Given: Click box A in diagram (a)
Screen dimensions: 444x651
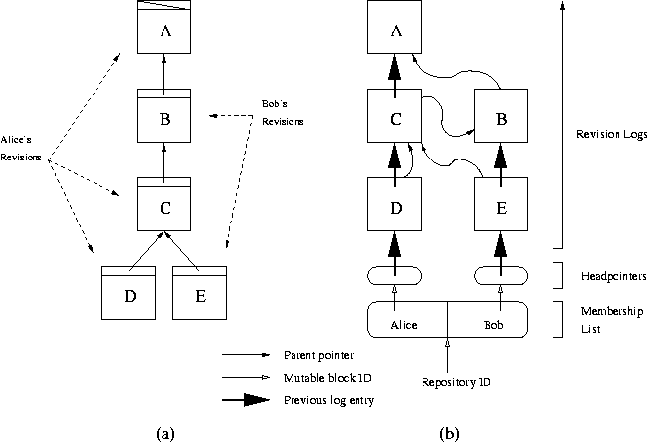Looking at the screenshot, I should (x=165, y=29).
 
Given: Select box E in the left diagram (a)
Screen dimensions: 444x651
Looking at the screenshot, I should (x=201, y=293).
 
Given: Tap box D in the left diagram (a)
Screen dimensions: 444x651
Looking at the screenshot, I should (x=131, y=293).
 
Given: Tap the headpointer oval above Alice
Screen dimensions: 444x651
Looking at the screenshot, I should (x=394, y=273).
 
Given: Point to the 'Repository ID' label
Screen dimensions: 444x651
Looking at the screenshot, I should (x=449, y=380).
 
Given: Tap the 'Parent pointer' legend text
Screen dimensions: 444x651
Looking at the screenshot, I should (x=318, y=354).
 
